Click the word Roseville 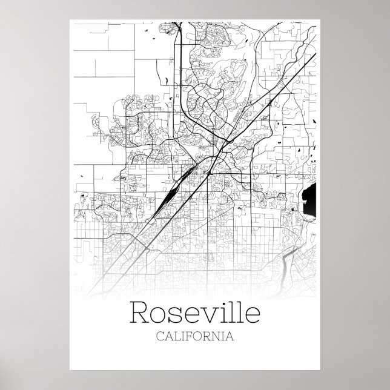(x=196, y=314)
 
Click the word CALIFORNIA (x=196, y=337)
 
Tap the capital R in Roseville (x=138, y=314)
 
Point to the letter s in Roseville (x=174, y=316)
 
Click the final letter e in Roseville (x=253, y=316)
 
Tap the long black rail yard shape (x=165, y=199)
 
